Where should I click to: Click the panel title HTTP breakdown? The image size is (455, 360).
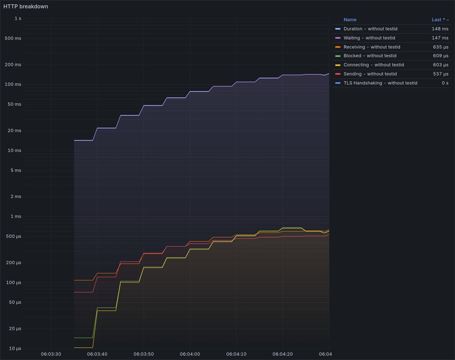point(26,7)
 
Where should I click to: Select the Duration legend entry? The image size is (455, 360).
point(370,29)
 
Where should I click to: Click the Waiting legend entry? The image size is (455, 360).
point(369,38)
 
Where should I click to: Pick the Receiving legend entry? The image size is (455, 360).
point(372,47)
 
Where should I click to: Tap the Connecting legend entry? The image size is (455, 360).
point(373,65)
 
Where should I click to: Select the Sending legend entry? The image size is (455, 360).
point(370,74)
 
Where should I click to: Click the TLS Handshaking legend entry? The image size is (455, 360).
point(380,83)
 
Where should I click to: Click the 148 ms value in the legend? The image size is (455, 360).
point(440,29)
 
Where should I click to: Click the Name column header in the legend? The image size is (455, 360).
point(350,20)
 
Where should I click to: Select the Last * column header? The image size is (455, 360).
point(438,20)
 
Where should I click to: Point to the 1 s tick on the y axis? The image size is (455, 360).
point(18,18)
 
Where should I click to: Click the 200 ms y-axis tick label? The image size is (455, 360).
point(13,65)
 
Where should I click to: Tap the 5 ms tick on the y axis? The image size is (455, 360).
point(15,171)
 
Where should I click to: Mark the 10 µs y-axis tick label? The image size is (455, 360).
point(15,349)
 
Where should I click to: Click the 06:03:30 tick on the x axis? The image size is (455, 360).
point(51,354)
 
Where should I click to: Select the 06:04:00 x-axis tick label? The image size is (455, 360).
point(190,354)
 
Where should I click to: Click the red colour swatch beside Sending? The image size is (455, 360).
point(338,74)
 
